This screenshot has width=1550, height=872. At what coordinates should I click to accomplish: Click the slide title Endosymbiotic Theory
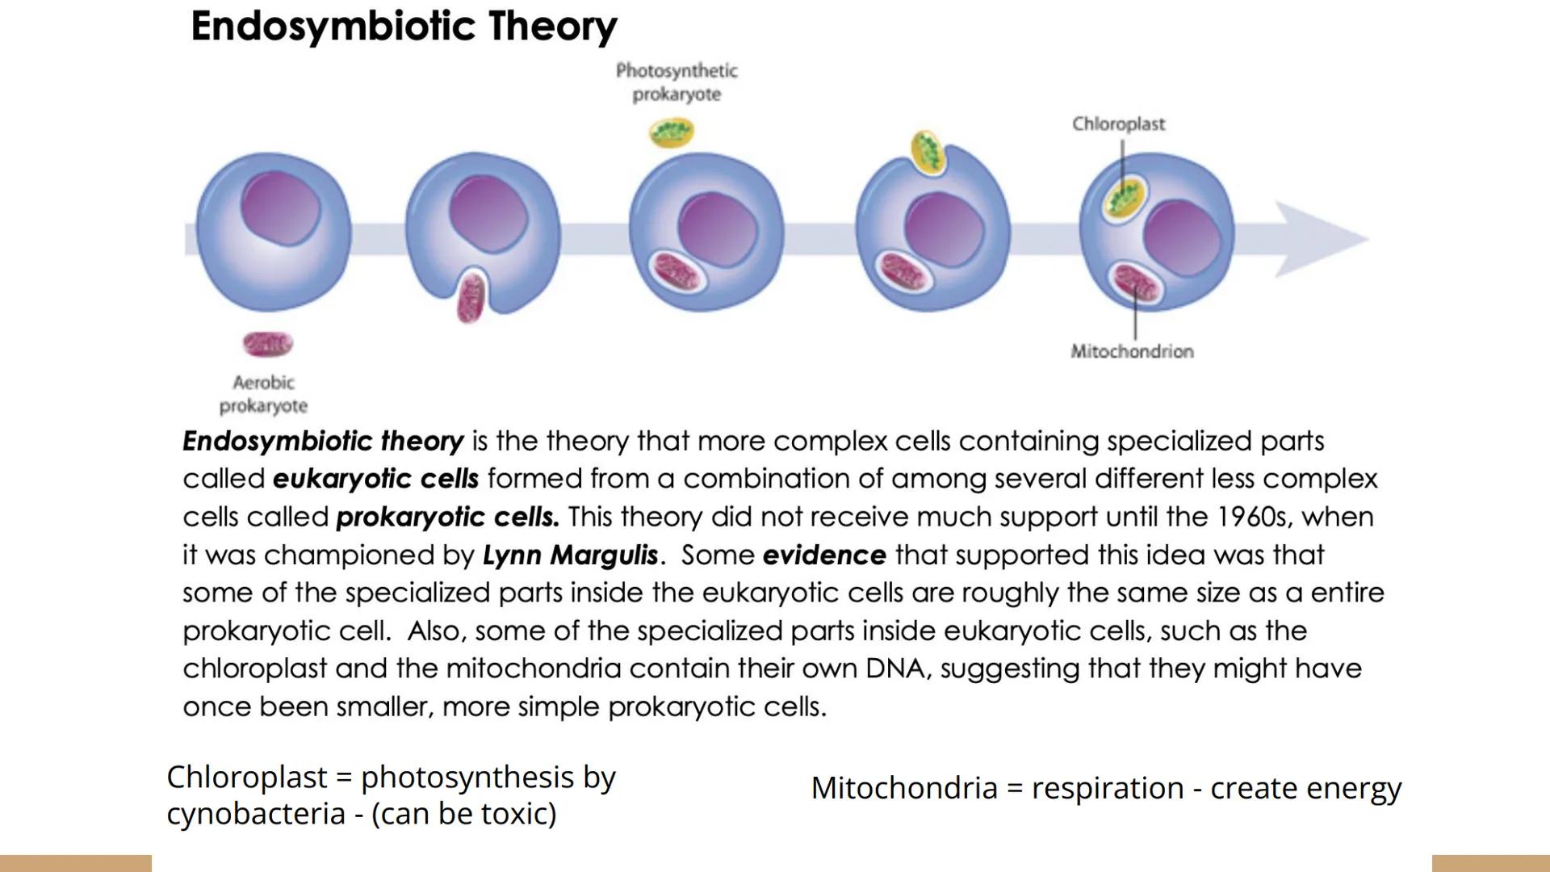tap(404, 26)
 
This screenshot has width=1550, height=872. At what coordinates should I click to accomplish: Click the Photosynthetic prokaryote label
tap(677, 82)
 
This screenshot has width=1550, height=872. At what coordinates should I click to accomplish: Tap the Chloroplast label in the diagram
tap(1118, 124)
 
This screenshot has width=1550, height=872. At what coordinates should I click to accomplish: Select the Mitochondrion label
tap(1132, 351)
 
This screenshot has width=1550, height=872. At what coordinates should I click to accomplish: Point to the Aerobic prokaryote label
tap(263, 393)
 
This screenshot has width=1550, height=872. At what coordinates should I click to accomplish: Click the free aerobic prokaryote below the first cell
tap(268, 344)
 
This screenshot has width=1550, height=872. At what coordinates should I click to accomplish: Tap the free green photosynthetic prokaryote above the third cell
tap(672, 132)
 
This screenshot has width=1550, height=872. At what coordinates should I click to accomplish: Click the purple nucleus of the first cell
tap(280, 208)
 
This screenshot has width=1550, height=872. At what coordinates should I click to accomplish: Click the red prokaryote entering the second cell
tap(470, 296)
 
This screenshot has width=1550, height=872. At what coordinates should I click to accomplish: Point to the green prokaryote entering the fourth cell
tap(928, 153)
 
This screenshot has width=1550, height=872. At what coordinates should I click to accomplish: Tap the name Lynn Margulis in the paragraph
tap(570, 555)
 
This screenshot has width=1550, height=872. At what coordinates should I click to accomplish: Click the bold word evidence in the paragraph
tap(823, 555)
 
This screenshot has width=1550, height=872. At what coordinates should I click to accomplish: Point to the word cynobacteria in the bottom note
tap(256, 814)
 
